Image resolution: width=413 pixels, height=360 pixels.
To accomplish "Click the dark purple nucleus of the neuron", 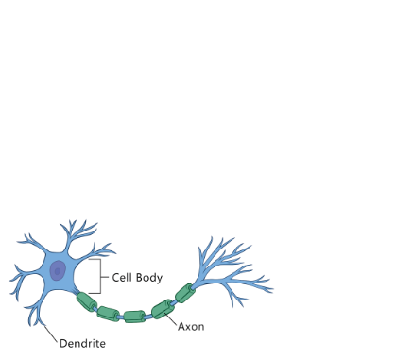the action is click(58, 272).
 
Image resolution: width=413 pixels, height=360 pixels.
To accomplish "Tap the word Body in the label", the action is click(150, 279).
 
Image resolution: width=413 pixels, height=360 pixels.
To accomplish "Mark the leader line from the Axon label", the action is click(171, 318).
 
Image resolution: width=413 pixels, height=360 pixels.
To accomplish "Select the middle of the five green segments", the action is click(135, 315).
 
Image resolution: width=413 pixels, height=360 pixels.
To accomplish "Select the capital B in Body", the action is click(141, 279).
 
